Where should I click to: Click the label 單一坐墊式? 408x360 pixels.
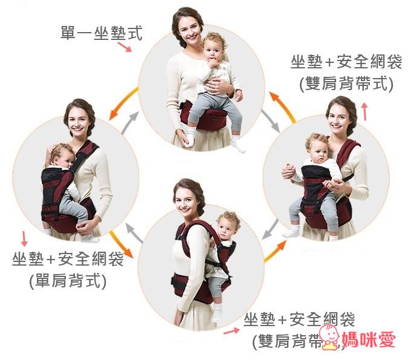[102, 33]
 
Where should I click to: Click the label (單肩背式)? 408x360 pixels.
[67, 280]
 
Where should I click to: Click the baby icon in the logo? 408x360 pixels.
[329, 337]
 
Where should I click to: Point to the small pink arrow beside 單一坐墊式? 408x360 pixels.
[125, 47]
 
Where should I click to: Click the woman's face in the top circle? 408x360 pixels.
[186, 27]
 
